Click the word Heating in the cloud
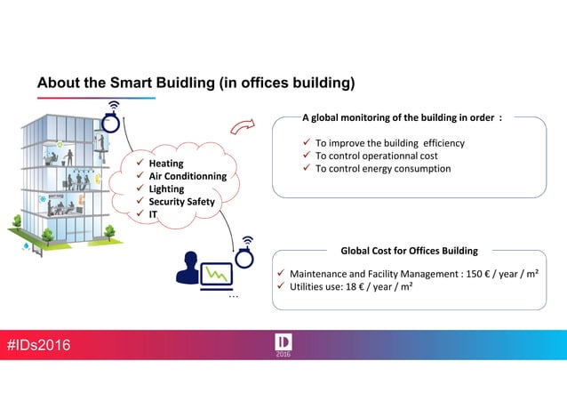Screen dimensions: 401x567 coord(166,164)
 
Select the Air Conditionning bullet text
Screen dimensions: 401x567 coord(188,176)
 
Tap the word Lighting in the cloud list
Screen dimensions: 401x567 coord(166,188)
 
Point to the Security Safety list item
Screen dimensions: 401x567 coord(181,201)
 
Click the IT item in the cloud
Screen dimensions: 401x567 coord(153,213)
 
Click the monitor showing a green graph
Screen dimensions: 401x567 coord(215,274)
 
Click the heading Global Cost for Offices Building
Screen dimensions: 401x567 coord(409,251)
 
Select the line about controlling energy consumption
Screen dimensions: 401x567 coord(383,168)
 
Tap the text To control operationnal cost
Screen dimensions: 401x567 coord(377,156)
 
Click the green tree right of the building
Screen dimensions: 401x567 coord(110,233)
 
